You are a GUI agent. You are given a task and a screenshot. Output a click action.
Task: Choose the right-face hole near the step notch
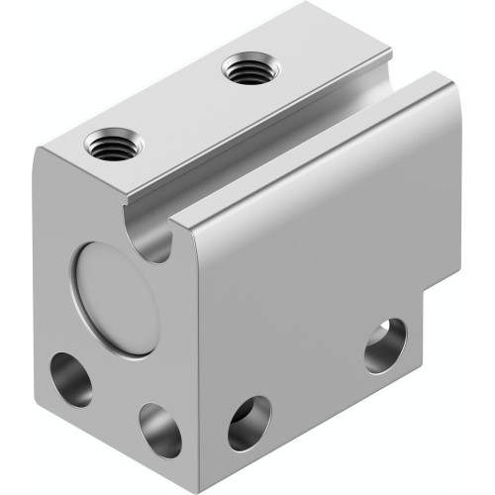coord(384,345)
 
